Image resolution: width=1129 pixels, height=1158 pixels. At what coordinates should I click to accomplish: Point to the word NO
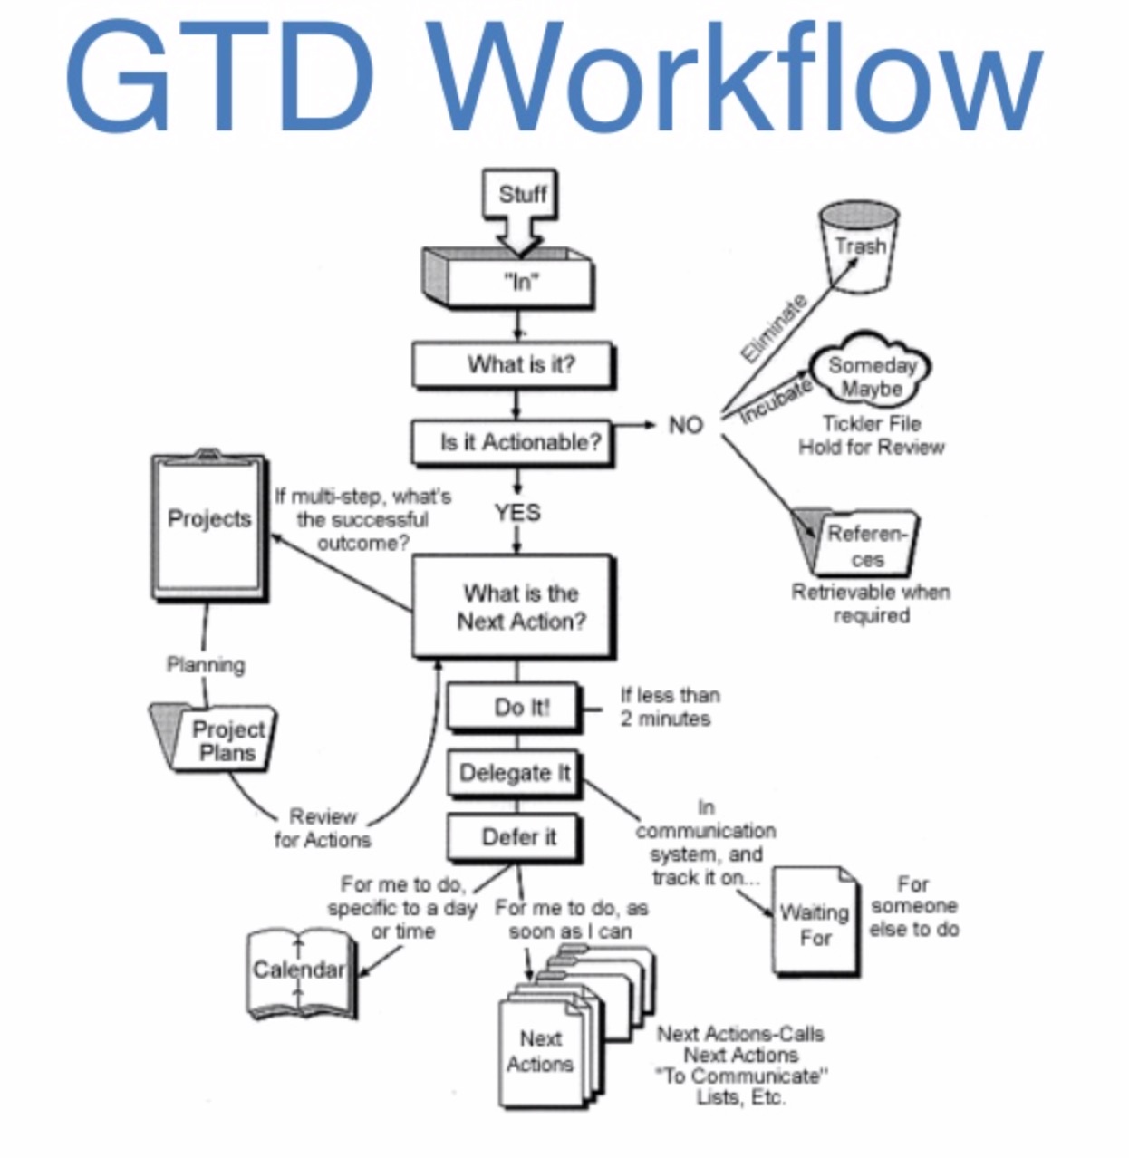685,424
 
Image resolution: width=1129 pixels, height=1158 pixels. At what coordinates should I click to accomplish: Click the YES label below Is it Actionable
516,512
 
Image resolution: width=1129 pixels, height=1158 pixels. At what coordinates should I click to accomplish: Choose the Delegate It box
514,773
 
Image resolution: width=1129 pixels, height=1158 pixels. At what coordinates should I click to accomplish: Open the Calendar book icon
300,972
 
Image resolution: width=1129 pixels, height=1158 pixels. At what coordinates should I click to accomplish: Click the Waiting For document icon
815,922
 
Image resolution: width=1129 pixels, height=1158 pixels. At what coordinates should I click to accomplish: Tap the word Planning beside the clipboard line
206,665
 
